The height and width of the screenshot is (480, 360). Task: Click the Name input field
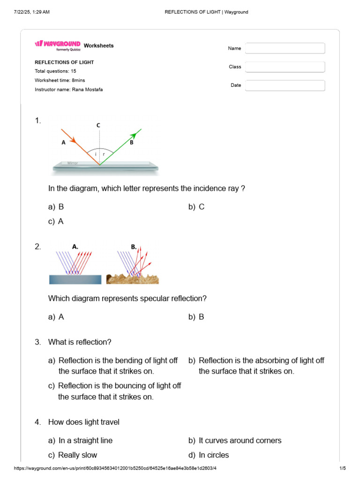point(285,48)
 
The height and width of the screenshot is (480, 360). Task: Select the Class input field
point(285,67)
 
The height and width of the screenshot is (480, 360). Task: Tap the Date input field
point(285,85)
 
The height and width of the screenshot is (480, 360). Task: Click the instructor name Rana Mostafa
point(87,90)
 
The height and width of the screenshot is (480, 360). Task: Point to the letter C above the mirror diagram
point(98,125)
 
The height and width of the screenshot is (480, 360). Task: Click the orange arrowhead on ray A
point(72,140)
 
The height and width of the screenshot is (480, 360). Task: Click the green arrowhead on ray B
point(138,132)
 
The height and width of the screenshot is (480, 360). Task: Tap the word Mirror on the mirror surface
point(73,163)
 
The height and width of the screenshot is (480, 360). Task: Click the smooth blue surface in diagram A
point(75,279)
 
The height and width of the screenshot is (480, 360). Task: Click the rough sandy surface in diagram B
point(133,279)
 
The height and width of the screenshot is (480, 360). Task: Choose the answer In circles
point(214,455)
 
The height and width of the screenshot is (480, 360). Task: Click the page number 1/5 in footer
point(342,468)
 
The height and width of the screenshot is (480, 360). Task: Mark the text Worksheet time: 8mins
point(60,81)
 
